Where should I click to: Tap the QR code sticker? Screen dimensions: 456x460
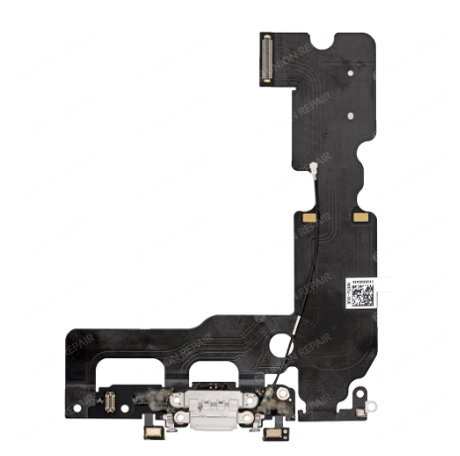pos(361,293)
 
